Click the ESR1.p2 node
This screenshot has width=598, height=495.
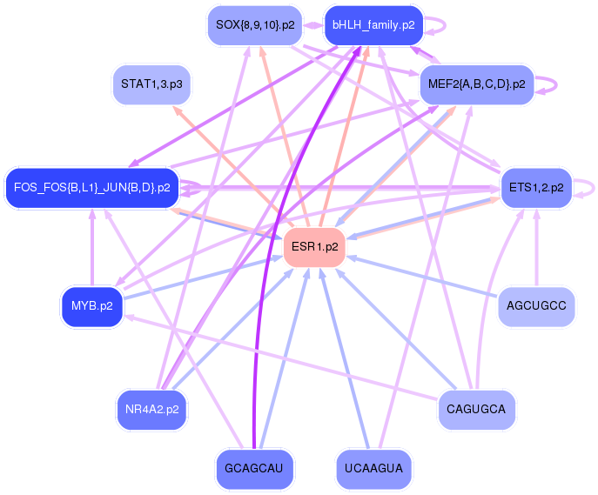[315, 247]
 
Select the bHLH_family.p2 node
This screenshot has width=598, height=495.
[373, 25]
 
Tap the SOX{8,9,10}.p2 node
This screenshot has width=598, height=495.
[254, 25]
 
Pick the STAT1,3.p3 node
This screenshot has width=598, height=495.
[151, 84]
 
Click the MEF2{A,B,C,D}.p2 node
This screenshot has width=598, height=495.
[476, 84]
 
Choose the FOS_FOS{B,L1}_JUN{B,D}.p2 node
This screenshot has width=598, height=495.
[91, 187]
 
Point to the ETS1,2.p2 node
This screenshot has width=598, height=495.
[536, 187]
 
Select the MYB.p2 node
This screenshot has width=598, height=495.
[91, 306]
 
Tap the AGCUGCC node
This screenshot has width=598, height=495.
[536, 306]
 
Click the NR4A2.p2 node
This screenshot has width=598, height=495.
[151, 409]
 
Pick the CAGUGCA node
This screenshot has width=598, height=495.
[476, 409]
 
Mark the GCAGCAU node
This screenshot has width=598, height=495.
[254, 468]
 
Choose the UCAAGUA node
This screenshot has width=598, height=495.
[373, 468]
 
